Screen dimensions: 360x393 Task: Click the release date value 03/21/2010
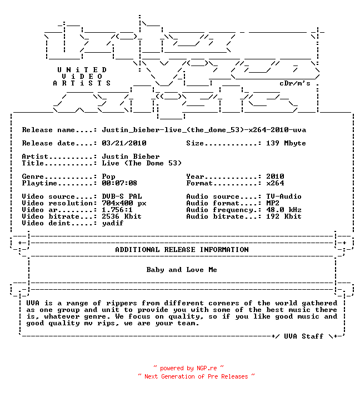pos(124,143)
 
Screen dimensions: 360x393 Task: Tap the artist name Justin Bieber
pos(131,157)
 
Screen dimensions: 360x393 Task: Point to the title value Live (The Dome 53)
pos(142,163)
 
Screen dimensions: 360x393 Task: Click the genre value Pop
pos(108,177)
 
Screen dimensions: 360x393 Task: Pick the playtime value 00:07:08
pos(119,183)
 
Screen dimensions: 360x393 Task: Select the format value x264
pos(275,183)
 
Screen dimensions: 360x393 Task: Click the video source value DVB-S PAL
pos(122,196)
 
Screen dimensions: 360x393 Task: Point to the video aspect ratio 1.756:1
pos(117,209)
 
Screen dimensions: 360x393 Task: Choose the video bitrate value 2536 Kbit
pos(122,216)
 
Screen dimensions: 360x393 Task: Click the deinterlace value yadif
pos(113,223)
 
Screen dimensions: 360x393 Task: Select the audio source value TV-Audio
pos(284,196)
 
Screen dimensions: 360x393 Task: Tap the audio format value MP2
pos(273,203)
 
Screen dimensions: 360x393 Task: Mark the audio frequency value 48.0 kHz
pos(284,209)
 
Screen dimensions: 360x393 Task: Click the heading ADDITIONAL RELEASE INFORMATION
pos(182,250)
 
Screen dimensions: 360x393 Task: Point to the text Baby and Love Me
pos(182,270)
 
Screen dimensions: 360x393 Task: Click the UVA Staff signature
pos(303,336)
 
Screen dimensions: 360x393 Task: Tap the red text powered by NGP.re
pos(188,368)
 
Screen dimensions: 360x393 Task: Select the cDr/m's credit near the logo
pos(295,83)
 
